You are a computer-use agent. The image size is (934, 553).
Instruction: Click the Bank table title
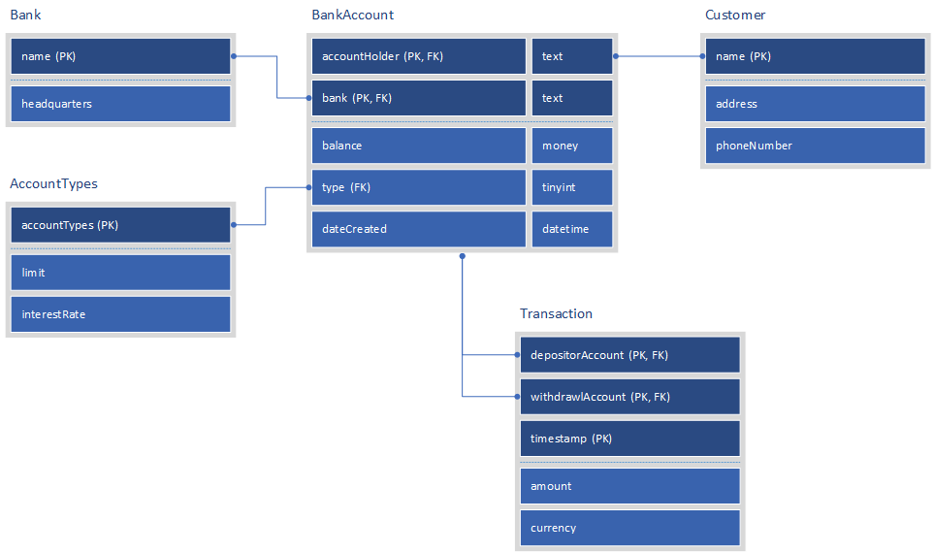pyautogui.click(x=25, y=15)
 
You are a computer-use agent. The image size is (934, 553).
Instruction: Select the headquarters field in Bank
pyautogui.click(x=120, y=104)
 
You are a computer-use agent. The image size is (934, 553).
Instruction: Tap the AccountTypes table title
pyautogui.click(x=53, y=183)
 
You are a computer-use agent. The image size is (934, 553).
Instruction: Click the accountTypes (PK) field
pyautogui.click(x=120, y=225)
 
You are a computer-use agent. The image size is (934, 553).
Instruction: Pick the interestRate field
pyautogui.click(x=120, y=314)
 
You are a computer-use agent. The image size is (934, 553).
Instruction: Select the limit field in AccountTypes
pyautogui.click(x=120, y=273)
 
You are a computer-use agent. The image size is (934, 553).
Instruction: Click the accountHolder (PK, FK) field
pyautogui.click(x=418, y=56)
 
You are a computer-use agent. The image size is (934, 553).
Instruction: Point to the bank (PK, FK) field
pyautogui.click(x=418, y=98)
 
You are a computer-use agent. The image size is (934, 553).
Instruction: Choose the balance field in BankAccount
pyautogui.click(x=418, y=146)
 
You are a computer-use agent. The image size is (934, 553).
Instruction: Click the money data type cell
pyautogui.click(x=571, y=146)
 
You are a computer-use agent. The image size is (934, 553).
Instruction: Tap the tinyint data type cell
pyautogui.click(x=571, y=187)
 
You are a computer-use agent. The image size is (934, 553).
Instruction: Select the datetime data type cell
pyautogui.click(x=571, y=229)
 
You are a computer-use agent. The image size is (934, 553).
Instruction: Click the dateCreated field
pyautogui.click(x=418, y=229)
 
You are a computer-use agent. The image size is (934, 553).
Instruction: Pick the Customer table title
pyautogui.click(x=735, y=15)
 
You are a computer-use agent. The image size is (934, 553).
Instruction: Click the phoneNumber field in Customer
pyautogui.click(x=815, y=146)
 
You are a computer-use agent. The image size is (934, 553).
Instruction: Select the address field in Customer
pyautogui.click(x=815, y=104)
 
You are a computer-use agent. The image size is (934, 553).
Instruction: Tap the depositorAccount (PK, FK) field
pyautogui.click(x=629, y=355)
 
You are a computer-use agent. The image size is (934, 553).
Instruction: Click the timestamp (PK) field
pyautogui.click(x=629, y=439)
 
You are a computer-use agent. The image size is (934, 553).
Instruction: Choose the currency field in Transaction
pyautogui.click(x=629, y=528)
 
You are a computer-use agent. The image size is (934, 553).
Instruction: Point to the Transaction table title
pyautogui.click(x=556, y=313)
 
